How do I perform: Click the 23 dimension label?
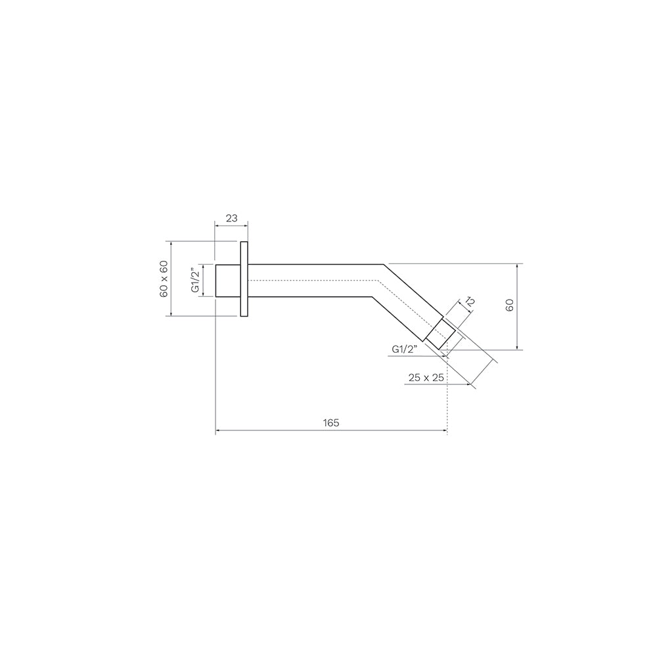tap(231, 218)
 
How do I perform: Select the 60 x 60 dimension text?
tap(164, 279)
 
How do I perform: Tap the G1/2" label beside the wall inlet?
tap(194, 281)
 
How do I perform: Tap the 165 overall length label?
tap(331, 423)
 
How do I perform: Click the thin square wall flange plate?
tap(244, 280)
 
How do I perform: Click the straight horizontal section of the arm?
tap(309, 281)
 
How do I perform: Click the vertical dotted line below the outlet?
tap(447, 394)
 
